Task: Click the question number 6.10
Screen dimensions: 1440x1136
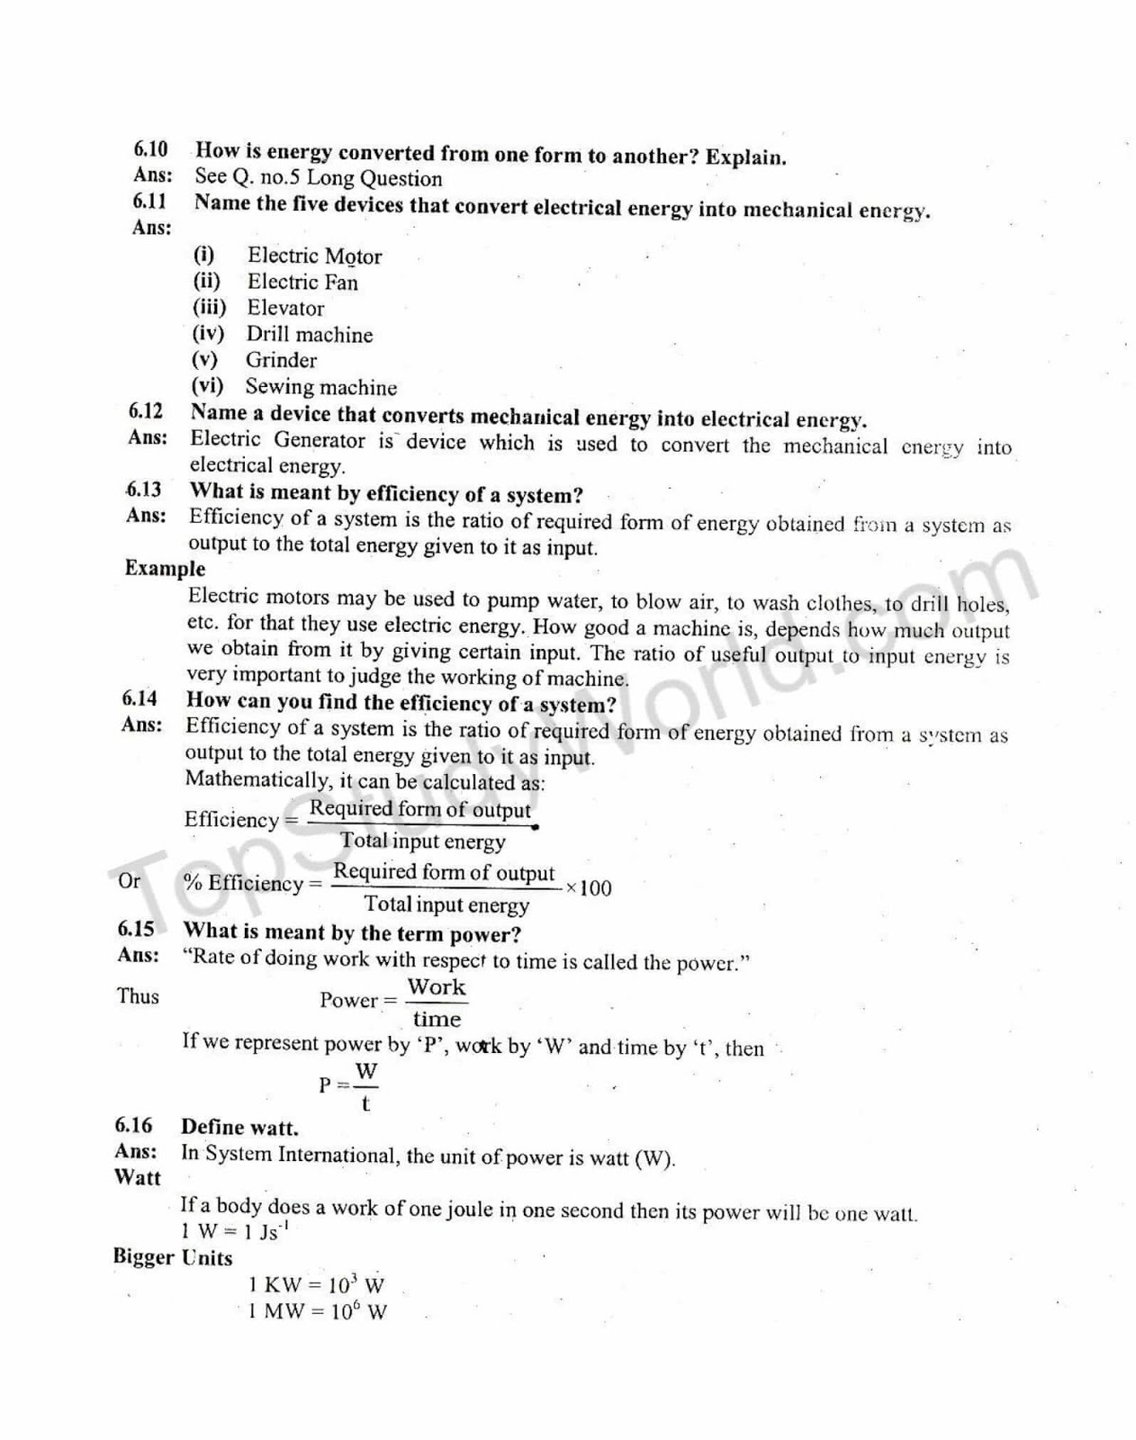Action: [x=151, y=149]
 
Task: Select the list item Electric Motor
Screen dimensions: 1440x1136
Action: [x=314, y=256]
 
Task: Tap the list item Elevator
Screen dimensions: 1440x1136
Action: [x=285, y=309]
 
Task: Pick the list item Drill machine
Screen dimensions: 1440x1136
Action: [x=309, y=335]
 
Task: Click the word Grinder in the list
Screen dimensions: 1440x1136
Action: [x=281, y=361]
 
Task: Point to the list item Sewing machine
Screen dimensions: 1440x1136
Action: [x=320, y=388]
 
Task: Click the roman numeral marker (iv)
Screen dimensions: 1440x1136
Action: [x=208, y=334]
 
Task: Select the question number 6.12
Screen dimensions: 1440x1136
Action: [x=146, y=412]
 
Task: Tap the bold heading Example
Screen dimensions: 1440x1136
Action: [x=165, y=569]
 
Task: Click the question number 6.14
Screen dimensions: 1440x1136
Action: [x=140, y=699]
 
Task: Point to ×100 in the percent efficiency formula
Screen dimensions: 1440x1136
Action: [x=589, y=888]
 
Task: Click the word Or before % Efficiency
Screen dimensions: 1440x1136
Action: [x=129, y=880]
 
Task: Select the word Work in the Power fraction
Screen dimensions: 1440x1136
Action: [x=437, y=987]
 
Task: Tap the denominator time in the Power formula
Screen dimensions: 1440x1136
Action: [x=437, y=1020]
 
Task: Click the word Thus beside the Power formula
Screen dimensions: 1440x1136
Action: [x=138, y=996]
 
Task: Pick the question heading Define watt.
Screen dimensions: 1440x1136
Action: [x=239, y=1128]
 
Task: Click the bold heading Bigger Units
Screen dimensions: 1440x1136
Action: [x=173, y=1257]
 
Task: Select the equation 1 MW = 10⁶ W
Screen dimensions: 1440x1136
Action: [x=318, y=1311]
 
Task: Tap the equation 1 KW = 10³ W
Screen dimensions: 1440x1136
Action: [x=316, y=1285]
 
